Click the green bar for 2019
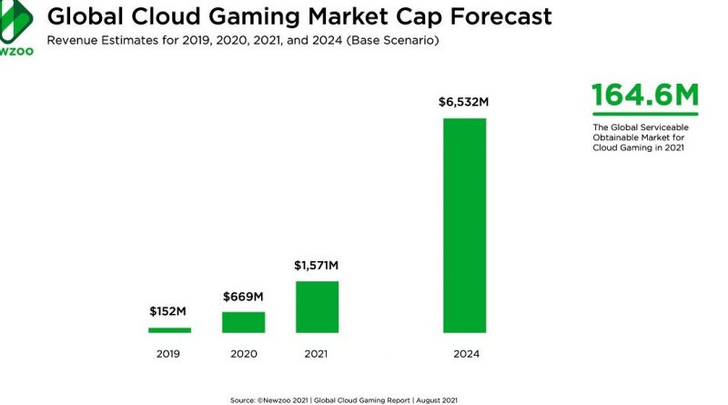pos(170,329)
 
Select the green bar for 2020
pos(243,322)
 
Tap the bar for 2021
pos(316,307)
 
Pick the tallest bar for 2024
pos(464,225)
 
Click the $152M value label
pos(170,311)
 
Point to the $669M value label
pos(243,296)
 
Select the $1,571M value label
pos(316,265)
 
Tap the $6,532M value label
pos(464,102)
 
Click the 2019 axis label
pos(170,354)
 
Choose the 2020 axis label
pos(243,354)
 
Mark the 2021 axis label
pos(316,354)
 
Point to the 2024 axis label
pos(464,354)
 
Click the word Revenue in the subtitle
pos(76,41)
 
